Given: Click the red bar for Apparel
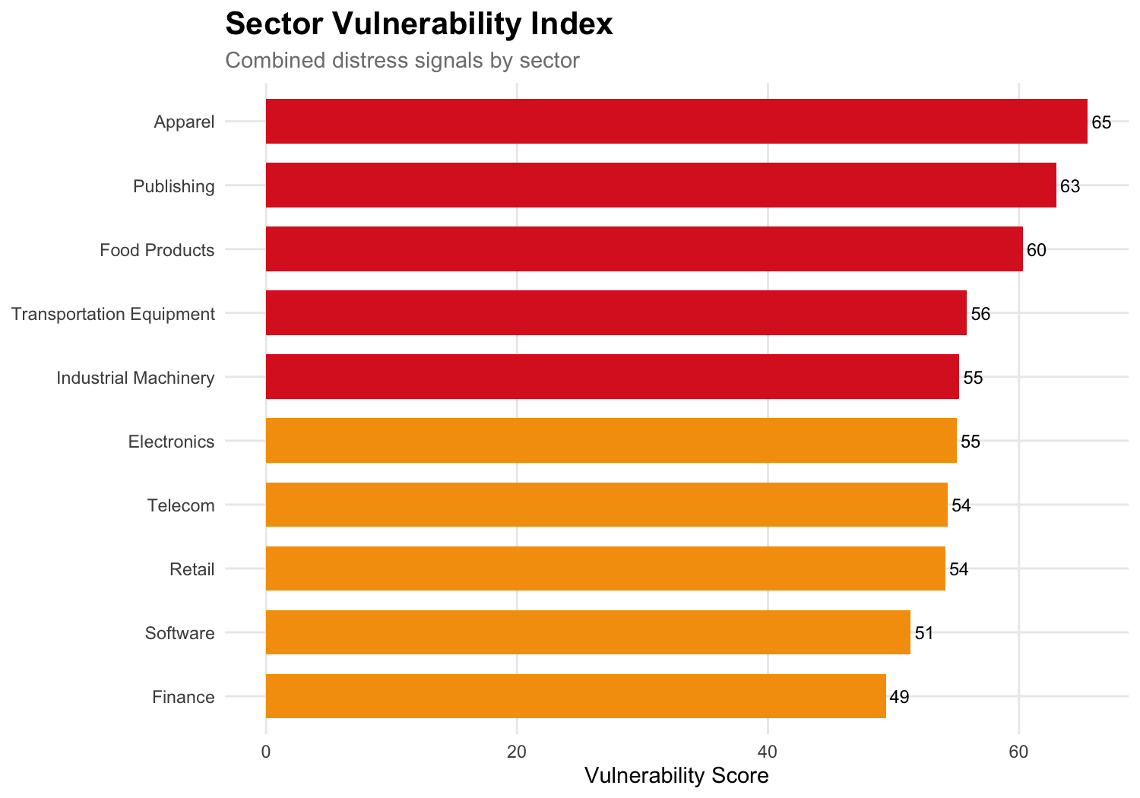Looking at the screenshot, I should pos(676,122).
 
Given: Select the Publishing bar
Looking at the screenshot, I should pos(661,185).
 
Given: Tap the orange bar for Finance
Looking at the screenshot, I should pos(575,696).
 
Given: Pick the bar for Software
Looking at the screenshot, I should pos(587,632).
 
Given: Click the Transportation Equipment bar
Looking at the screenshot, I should pos(616,313).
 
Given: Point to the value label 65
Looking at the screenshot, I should pos(1101,122).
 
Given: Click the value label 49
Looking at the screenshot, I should pos(899,697).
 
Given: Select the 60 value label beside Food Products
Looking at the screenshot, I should pos(1036,250).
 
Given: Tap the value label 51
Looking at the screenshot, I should pos(923,633).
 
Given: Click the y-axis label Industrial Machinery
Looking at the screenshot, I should pos(135,378).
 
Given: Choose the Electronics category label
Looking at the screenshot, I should pos(171,442).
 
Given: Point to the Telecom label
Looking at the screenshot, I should pos(181,505).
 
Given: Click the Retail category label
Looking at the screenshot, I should pos(192,569).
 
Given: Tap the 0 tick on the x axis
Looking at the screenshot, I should pos(266,752).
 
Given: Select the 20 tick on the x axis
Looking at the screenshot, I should pos(517,752).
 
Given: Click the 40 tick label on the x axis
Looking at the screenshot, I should pos(768,752).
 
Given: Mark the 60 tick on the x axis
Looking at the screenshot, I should pos(1018,752).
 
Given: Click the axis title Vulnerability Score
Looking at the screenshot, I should pos(676,776).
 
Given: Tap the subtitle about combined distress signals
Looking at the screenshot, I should pos(402,60).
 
